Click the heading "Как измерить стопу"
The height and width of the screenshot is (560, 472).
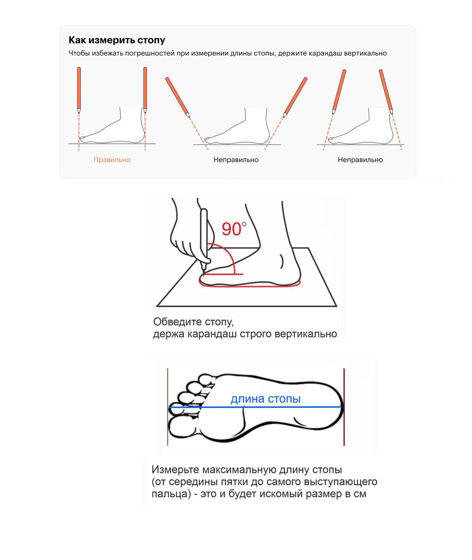tap(117, 40)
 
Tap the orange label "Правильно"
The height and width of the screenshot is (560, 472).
tap(112, 160)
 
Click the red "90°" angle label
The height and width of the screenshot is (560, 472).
tap(234, 229)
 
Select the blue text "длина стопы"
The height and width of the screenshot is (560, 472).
tap(265, 399)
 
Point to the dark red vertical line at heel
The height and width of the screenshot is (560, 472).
tap(344, 407)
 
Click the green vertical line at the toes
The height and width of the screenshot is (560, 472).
tap(167, 407)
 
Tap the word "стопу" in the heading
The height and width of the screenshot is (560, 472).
tap(151, 40)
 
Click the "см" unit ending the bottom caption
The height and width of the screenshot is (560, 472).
tap(360, 494)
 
